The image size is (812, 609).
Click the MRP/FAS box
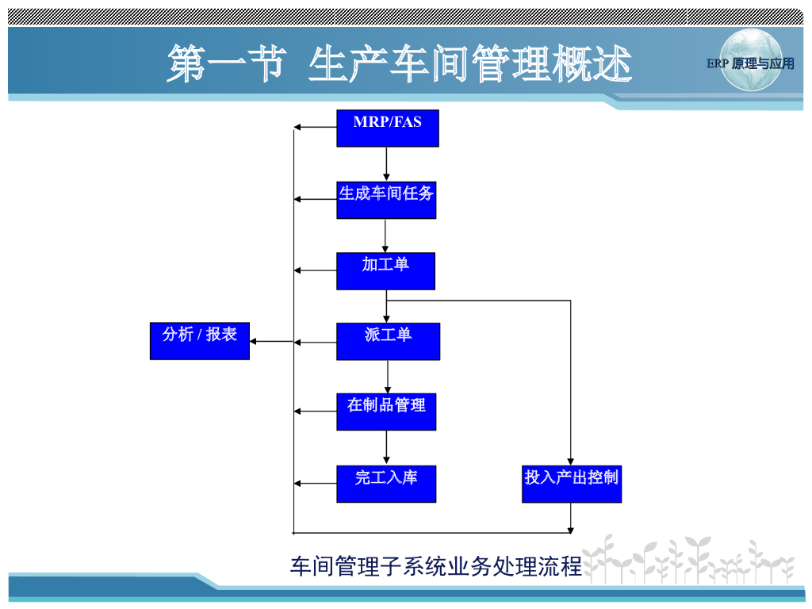[387, 128]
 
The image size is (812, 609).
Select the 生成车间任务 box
[386, 200]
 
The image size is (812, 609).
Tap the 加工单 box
[385, 271]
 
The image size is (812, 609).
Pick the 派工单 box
[388, 341]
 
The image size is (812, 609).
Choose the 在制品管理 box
[386, 412]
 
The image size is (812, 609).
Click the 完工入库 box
[386, 484]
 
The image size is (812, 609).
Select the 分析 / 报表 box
[200, 341]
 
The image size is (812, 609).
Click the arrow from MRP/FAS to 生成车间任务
[387, 164]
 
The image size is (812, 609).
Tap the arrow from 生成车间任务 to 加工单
[385, 236]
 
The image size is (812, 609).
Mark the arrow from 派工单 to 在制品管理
[388, 377]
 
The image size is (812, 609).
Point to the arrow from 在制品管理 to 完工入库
[387, 447]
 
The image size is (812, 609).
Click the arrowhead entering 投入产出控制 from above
[571, 461]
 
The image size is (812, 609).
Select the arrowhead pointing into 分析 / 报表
[256, 342]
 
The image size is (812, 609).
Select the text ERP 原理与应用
[750, 63]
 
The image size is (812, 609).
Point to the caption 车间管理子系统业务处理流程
[436, 566]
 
